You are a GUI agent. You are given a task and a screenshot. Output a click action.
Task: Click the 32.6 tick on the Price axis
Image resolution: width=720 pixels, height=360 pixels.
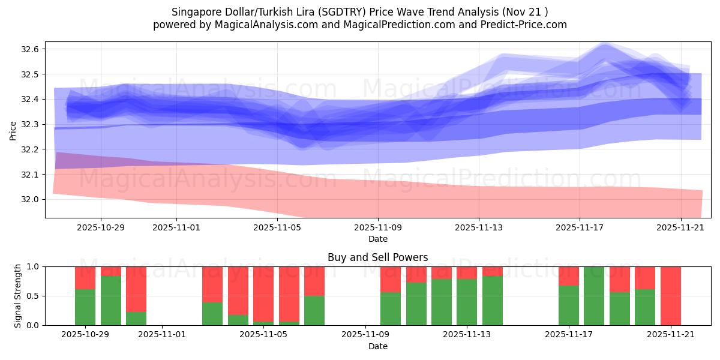pyautogui.click(x=31, y=49)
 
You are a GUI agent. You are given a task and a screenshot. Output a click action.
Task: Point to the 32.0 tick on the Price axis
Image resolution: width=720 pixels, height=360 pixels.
pyautogui.click(x=31, y=199)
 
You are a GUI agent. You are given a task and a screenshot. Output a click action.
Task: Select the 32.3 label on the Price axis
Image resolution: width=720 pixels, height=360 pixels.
pyautogui.click(x=31, y=124)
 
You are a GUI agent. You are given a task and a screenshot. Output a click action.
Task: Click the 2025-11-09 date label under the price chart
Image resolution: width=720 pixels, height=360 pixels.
pyautogui.click(x=377, y=228)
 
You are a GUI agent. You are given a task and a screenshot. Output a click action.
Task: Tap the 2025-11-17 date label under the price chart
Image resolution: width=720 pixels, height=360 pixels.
pyautogui.click(x=579, y=228)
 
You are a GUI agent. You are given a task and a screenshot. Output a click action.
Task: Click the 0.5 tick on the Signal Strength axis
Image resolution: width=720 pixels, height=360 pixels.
pyautogui.click(x=34, y=296)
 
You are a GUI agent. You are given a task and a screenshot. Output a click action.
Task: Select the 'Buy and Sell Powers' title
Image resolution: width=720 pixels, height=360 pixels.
pyautogui.click(x=377, y=257)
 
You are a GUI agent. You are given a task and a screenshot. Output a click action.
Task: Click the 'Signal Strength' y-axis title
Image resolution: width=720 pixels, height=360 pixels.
pyautogui.click(x=18, y=295)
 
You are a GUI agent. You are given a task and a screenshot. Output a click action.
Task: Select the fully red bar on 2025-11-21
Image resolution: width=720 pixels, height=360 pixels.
pyautogui.click(x=670, y=296)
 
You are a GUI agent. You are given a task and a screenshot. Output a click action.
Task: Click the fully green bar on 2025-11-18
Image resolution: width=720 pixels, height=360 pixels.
pyautogui.click(x=594, y=296)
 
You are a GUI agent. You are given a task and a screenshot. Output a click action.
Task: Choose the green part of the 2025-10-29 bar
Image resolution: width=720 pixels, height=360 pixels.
pyautogui.click(x=85, y=307)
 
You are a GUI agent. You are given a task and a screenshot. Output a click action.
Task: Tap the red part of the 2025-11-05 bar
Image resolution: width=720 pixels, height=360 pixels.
pyautogui.click(x=263, y=294)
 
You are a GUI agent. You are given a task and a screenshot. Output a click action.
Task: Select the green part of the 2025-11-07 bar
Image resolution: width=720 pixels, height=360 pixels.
pyautogui.click(x=314, y=310)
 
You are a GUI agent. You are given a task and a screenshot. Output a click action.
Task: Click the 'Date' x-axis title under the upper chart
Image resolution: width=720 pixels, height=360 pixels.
pyautogui.click(x=377, y=239)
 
